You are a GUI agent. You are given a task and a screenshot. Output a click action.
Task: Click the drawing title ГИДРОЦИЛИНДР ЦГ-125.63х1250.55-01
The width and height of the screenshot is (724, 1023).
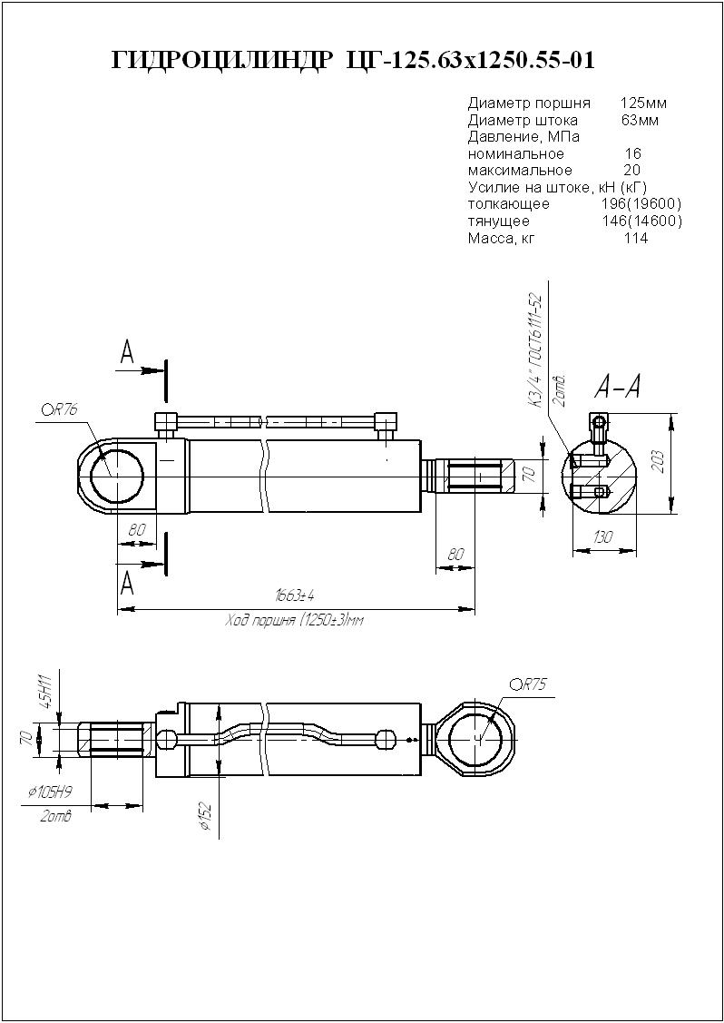click(x=353, y=61)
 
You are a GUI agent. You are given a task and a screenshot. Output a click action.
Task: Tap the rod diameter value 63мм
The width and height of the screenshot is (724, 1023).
click(x=640, y=120)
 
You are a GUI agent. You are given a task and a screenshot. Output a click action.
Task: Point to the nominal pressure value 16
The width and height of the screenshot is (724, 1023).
click(x=633, y=154)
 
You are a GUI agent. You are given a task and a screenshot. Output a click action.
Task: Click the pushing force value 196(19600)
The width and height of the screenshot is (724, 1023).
click(x=641, y=203)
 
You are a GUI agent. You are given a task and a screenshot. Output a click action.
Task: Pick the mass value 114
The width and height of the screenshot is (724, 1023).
click(x=636, y=239)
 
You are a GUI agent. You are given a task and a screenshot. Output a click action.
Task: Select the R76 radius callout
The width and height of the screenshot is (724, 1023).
click(x=61, y=409)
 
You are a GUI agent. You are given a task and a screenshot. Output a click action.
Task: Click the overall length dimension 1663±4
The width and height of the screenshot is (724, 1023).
click(x=295, y=595)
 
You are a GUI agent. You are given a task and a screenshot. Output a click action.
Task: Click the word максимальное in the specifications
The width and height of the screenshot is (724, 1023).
click(x=520, y=171)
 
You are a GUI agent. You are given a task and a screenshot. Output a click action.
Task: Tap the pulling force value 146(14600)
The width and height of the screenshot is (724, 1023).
click(x=641, y=221)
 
